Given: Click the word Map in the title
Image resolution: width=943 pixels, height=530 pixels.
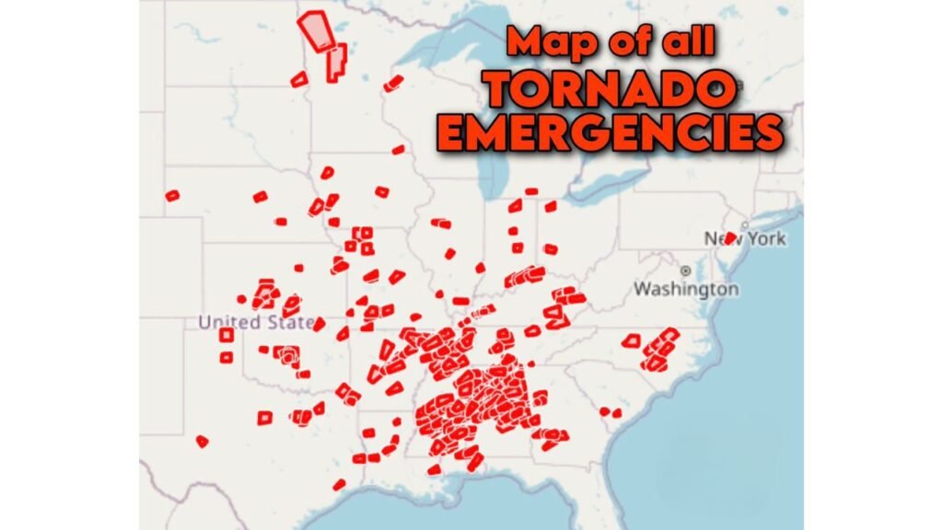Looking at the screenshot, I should click(549, 42).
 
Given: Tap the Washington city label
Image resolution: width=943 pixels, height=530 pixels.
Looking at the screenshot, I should click(685, 289).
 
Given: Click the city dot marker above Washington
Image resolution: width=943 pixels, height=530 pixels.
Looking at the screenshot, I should click(686, 271).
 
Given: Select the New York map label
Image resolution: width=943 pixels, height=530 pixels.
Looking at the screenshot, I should click(746, 238).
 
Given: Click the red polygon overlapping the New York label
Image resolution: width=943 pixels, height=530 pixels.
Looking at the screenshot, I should click(729, 237).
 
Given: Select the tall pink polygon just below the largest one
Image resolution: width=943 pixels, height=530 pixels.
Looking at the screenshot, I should click(336, 62).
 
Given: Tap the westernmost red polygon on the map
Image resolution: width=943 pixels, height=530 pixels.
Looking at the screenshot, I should click(171, 195).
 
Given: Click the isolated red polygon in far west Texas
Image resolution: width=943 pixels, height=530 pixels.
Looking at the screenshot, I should click(203, 441).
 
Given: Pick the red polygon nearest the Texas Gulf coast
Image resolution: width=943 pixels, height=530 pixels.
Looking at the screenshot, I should click(339, 484).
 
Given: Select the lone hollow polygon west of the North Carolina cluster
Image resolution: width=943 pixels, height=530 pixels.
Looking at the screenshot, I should click(631, 340).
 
